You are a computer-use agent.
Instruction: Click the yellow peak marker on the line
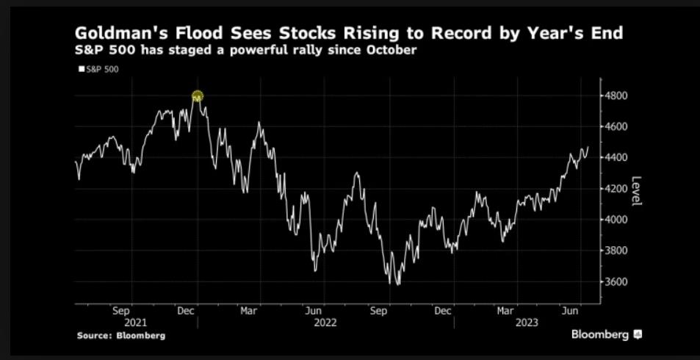(197, 96)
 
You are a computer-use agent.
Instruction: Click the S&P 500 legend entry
(98, 69)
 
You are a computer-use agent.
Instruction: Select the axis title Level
(636, 191)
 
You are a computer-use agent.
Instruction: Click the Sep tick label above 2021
(122, 311)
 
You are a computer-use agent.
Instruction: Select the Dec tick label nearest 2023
(443, 311)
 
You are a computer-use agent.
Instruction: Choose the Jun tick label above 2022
(314, 311)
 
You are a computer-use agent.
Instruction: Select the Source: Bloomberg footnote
(121, 335)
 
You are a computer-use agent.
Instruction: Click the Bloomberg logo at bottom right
(607, 334)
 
